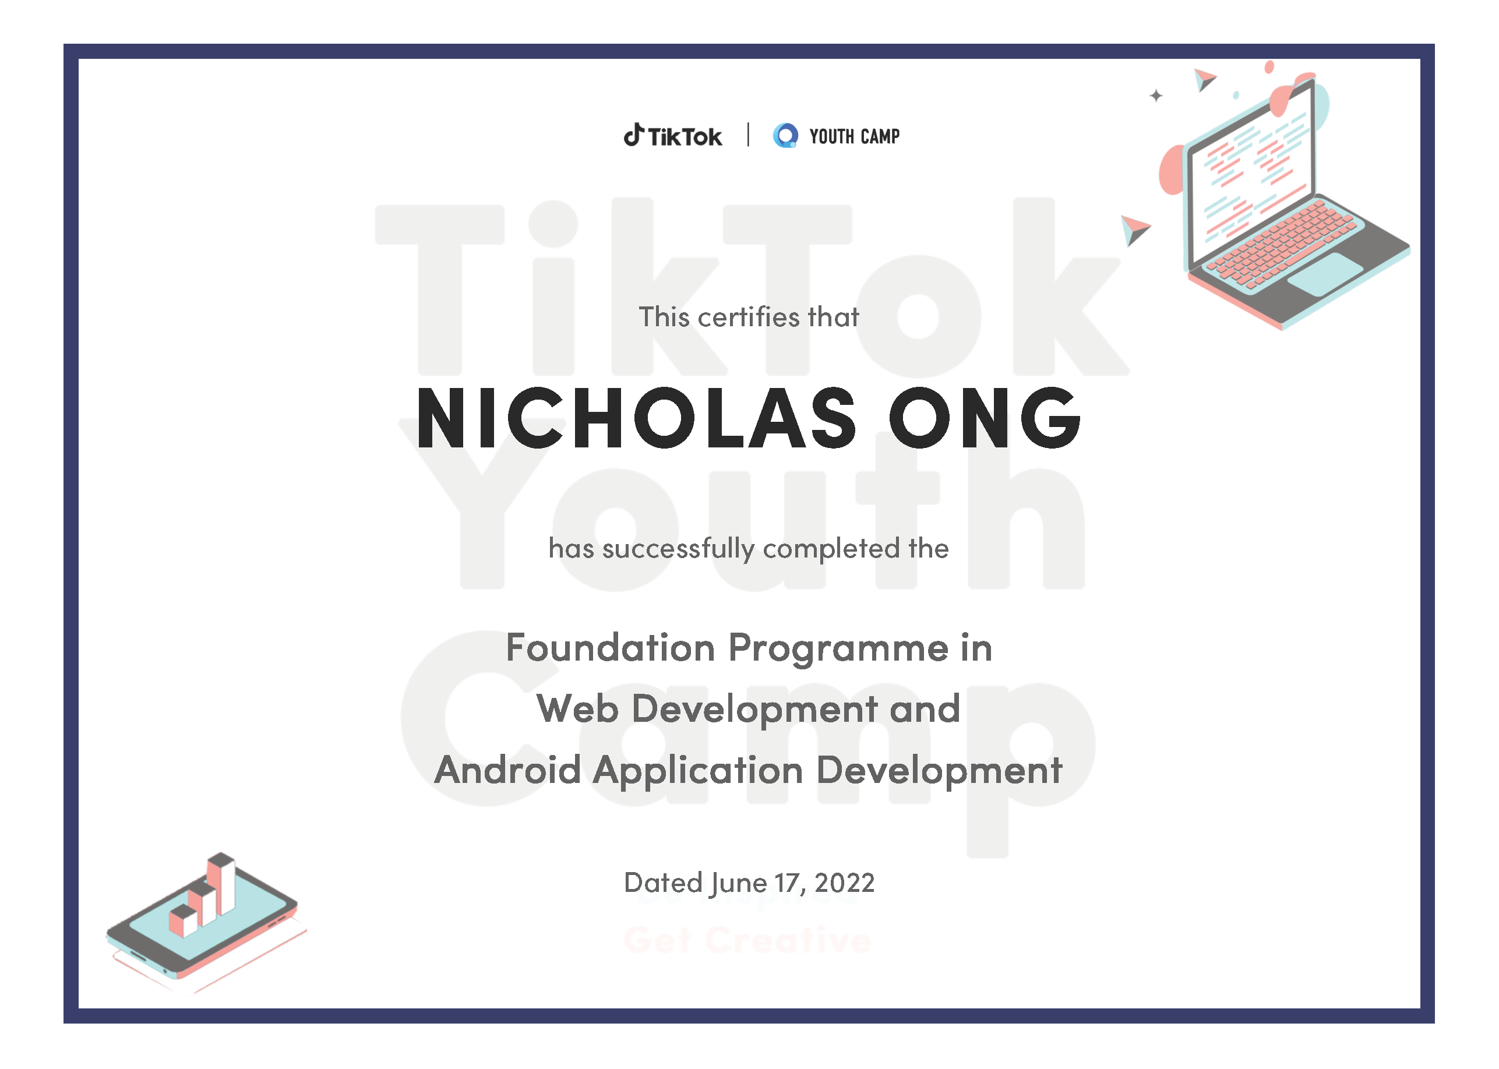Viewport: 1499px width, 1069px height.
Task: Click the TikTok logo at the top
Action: tap(672, 136)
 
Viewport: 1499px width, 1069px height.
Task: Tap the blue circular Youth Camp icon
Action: tap(785, 136)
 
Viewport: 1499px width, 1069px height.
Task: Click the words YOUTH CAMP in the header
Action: tap(855, 136)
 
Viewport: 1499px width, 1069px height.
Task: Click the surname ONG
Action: tap(984, 419)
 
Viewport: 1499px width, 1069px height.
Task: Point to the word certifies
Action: tap(749, 317)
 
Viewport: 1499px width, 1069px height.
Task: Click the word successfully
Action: tap(678, 549)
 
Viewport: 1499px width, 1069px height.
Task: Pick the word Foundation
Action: tap(611, 648)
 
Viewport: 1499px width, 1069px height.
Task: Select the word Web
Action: tap(577, 709)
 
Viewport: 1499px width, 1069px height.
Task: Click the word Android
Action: tap(507, 770)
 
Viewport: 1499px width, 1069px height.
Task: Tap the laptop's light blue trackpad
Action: tap(1325, 274)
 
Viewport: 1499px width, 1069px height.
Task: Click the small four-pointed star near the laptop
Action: tap(1156, 96)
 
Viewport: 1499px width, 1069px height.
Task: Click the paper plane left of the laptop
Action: tap(1134, 230)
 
